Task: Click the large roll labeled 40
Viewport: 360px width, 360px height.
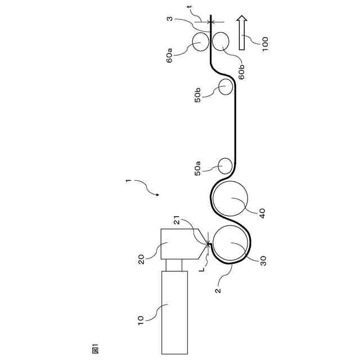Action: point(229,199)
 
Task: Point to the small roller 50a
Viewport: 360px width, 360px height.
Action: point(225,165)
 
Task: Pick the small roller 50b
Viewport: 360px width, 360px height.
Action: point(226,86)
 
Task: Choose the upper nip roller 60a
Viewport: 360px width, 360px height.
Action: point(200,41)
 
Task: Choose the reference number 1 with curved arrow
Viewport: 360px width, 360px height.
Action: point(128,181)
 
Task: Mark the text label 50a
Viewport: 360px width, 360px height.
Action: point(197,169)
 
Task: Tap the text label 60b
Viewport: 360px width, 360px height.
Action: point(241,71)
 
